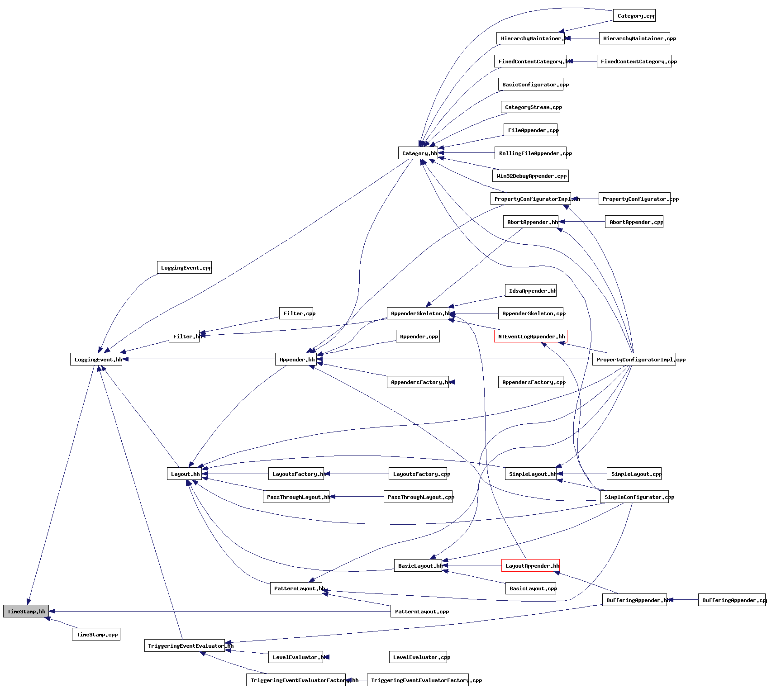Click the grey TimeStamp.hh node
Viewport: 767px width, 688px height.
coord(26,611)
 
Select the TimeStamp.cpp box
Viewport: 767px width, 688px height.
coord(96,634)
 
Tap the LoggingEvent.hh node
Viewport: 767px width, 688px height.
coord(96,359)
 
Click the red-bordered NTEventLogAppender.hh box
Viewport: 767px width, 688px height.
coord(530,336)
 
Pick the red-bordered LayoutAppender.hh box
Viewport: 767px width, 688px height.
coord(530,565)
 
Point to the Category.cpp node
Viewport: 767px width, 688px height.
coord(634,15)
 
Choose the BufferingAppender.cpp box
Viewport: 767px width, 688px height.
coord(732,600)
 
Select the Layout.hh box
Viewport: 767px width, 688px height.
coord(184,474)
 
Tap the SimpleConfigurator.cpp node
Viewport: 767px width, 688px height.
coord(634,497)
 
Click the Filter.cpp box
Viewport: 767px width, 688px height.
coord(299,313)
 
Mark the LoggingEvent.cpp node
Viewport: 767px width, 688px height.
coord(185,267)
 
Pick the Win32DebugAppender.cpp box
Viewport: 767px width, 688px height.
coord(530,176)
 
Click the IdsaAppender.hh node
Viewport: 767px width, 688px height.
coord(531,290)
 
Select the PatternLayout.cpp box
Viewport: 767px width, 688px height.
coord(418,611)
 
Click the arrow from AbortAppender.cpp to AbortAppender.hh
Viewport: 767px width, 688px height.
coord(584,222)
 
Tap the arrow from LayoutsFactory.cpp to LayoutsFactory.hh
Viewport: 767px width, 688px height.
coord(357,474)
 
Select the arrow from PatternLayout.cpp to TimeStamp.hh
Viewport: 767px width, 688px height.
coord(217,611)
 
